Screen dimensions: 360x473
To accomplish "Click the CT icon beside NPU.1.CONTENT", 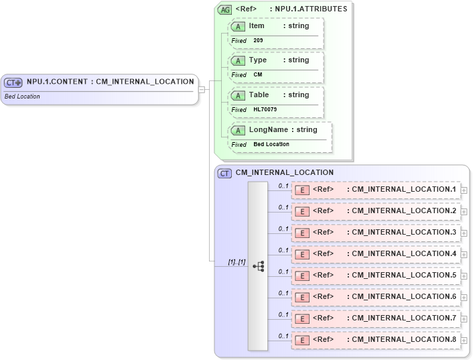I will tap(13, 82).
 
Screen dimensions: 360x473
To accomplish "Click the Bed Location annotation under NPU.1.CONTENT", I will tap(22, 97).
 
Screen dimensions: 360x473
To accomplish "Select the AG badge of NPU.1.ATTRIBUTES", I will tap(225, 10).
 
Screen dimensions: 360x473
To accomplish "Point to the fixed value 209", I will tap(258, 41).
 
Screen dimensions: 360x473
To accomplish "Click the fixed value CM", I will tap(258, 75).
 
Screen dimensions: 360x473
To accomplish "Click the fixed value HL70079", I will tap(265, 110).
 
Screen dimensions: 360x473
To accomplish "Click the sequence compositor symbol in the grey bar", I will tap(258, 266).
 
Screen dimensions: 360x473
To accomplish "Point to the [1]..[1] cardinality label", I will tap(236, 261).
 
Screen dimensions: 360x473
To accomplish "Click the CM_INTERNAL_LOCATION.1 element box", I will tap(376, 190).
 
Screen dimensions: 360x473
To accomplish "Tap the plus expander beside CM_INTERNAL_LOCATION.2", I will tap(464, 212).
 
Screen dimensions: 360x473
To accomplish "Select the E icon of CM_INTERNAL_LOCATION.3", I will tap(302, 233).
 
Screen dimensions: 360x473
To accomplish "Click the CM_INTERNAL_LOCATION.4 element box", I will tap(376, 254).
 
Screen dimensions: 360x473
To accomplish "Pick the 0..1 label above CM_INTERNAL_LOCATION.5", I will tap(283, 271).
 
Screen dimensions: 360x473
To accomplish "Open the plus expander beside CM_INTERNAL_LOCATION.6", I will tap(464, 298).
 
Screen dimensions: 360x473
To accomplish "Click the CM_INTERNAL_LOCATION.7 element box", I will tap(376, 318).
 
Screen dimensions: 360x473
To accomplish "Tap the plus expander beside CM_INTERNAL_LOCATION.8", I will tap(464, 341).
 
